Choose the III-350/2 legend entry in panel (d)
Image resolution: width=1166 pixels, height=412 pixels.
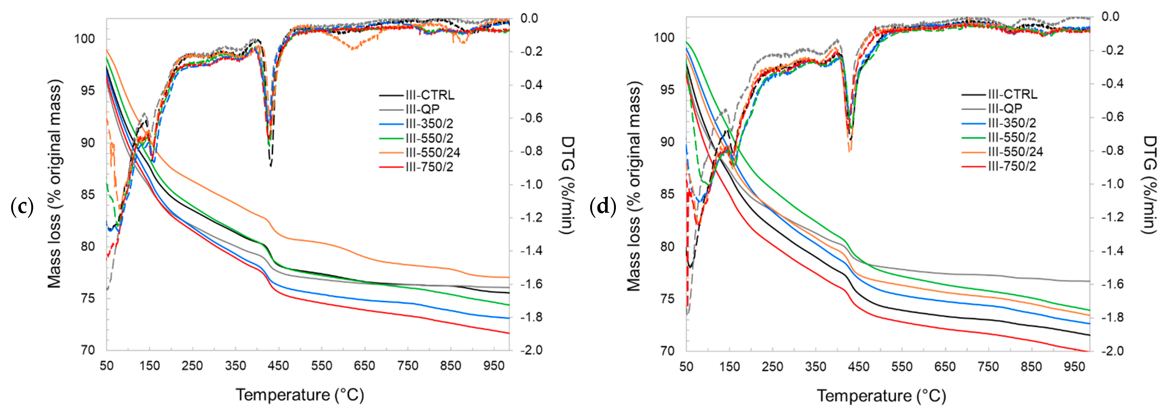coord(999,123)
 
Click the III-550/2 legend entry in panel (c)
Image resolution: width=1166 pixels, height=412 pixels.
coord(416,138)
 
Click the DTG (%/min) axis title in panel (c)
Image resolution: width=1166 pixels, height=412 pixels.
coord(568,185)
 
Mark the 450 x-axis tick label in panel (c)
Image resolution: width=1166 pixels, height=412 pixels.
coord(279,366)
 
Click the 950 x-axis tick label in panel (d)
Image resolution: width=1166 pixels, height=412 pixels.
coord(1074,366)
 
